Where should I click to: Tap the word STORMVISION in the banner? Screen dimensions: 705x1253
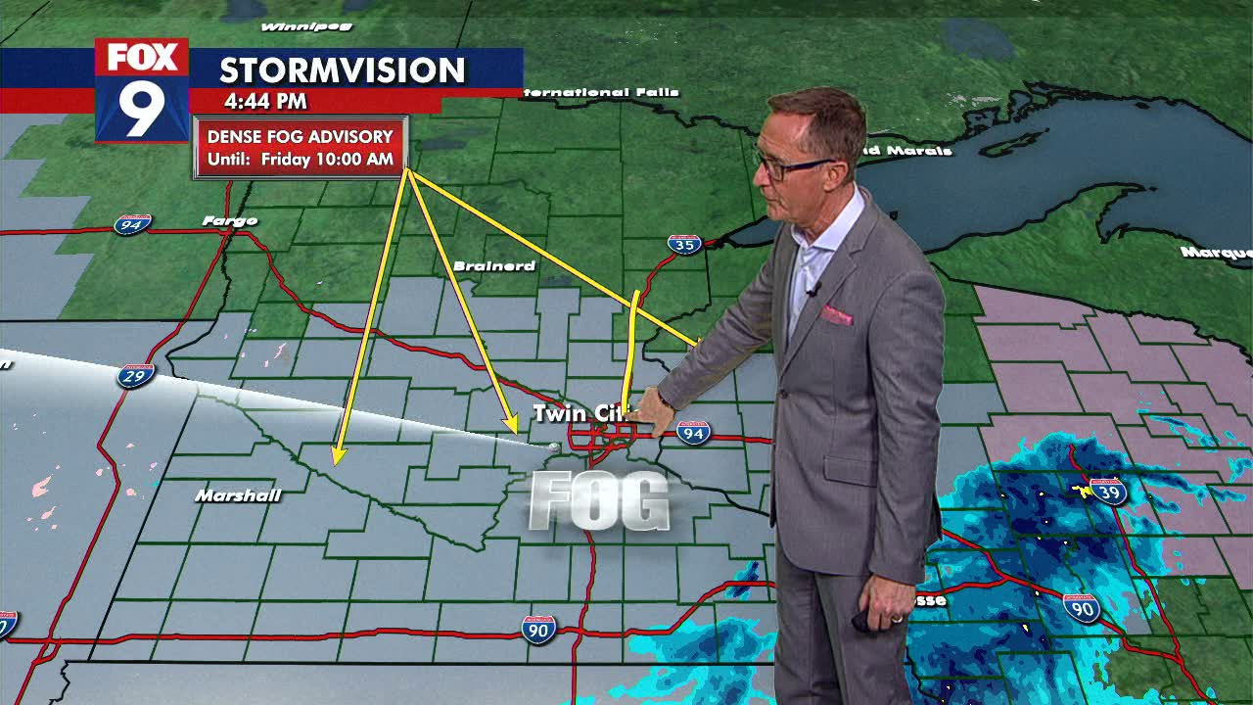pos(342,70)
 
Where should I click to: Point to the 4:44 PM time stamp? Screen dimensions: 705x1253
pos(265,101)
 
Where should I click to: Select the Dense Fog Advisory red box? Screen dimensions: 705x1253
pos(301,147)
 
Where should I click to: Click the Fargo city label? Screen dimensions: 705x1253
pos(230,221)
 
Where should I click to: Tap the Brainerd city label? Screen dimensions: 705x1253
pos(494,265)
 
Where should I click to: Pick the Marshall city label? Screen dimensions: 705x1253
pos(238,495)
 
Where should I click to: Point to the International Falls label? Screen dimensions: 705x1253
pos(599,93)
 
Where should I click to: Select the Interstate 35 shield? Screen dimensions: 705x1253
pos(684,244)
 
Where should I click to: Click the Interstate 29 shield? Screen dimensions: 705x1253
pos(135,375)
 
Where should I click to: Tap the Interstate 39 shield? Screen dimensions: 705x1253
pos(1107,491)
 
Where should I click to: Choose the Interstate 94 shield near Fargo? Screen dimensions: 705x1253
pos(131,225)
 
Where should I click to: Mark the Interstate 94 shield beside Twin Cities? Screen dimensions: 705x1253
pos(693,432)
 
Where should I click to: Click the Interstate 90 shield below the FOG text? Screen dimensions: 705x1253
pos(537,629)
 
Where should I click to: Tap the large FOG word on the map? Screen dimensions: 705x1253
pos(599,502)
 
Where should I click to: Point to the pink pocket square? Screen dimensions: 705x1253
pos(836,315)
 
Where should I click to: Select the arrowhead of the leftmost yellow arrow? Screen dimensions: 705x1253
pos(339,455)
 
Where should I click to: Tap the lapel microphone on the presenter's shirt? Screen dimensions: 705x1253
pos(812,289)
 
